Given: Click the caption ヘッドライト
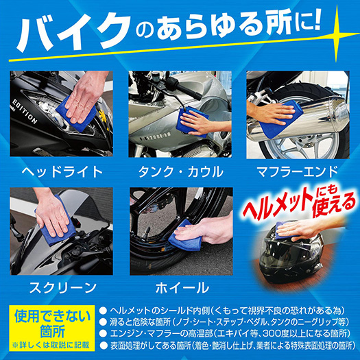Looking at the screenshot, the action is tap(62, 171).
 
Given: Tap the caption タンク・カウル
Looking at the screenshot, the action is tap(180, 172).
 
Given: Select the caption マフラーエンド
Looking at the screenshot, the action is tap(298, 172).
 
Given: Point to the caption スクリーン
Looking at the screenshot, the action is tap(62, 287).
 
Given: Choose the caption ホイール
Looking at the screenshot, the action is tap(182, 287).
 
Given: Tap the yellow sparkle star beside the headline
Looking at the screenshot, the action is tap(337, 34).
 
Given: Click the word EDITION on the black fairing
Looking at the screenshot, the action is tap(25, 112).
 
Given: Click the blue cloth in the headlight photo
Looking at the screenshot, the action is tap(75, 115).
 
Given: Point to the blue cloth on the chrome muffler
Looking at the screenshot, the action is tap(280, 120).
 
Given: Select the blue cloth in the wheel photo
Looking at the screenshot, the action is tap(185, 235).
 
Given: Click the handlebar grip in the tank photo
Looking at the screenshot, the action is tap(189, 91).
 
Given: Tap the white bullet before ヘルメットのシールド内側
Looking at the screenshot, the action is tap(104, 311).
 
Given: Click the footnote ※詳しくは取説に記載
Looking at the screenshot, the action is tap(51, 345).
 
